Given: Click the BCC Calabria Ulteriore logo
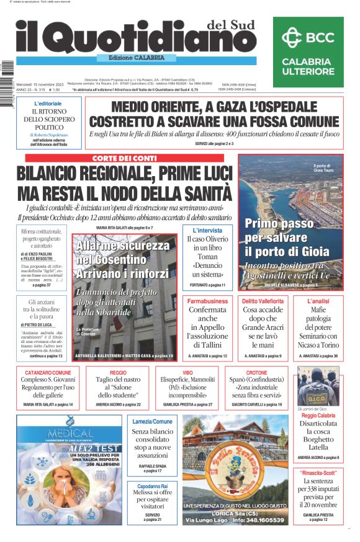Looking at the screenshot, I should tap(308, 52).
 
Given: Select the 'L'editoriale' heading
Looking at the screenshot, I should tap(48, 103).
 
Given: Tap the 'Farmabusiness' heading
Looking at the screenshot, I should tap(207, 301).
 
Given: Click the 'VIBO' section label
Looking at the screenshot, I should tap(187, 373).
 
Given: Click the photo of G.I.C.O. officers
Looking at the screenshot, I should tap(318, 386).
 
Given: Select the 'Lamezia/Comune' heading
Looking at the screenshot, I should tap(152, 422).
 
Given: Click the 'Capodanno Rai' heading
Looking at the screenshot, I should tap(152, 486).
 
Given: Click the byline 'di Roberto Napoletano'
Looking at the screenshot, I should tap(48, 135).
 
